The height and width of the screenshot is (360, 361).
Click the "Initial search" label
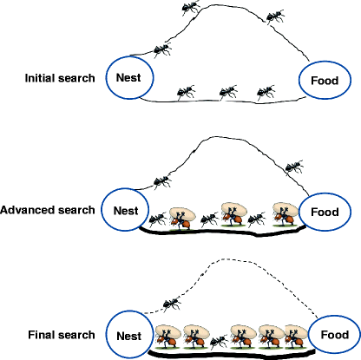click(x=61, y=79)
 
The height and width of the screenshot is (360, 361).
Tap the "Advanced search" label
click(x=48, y=210)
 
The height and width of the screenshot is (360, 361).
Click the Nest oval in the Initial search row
click(x=129, y=77)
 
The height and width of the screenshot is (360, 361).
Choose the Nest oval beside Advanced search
click(x=121, y=210)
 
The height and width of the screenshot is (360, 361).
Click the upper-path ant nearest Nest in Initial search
click(x=161, y=49)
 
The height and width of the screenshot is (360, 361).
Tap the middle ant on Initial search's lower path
click(x=227, y=91)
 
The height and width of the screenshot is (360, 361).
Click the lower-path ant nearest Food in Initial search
click(x=266, y=91)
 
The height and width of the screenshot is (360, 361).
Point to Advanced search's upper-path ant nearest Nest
click(x=161, y=181)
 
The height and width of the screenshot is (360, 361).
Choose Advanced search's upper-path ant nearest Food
click(x=294, y=164)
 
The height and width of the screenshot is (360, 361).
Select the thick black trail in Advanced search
click(x=217, y=232)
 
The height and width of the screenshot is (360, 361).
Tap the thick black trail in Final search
click(x=230, y=355)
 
